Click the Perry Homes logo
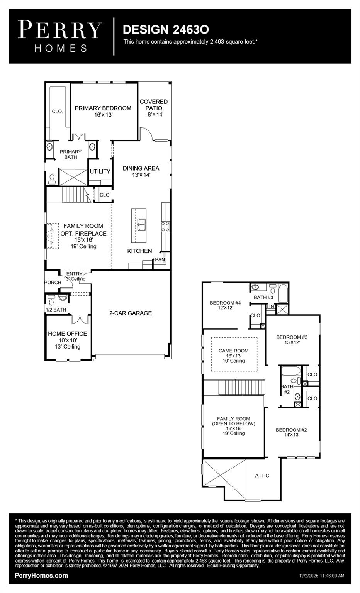tap(60, 36)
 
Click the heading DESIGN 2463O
tap(166, 29)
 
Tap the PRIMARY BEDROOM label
tap(103, 108)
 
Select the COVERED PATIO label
tap(154, 105)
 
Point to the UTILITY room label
tap(100, 171)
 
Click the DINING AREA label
tap(141, 168)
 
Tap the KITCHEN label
tap(139, 251)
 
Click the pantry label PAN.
tap(160, 260)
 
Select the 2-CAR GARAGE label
tap(130, 313)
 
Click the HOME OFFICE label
tap(68, 334)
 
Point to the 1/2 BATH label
tap(56, 310)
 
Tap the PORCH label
tap(53, 282)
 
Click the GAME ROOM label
tap(233, 351)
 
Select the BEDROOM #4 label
tap(225, 303)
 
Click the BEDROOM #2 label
tap(291, 430)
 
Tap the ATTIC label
tap(262, 475)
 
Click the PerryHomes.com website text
tap(41, 575)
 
